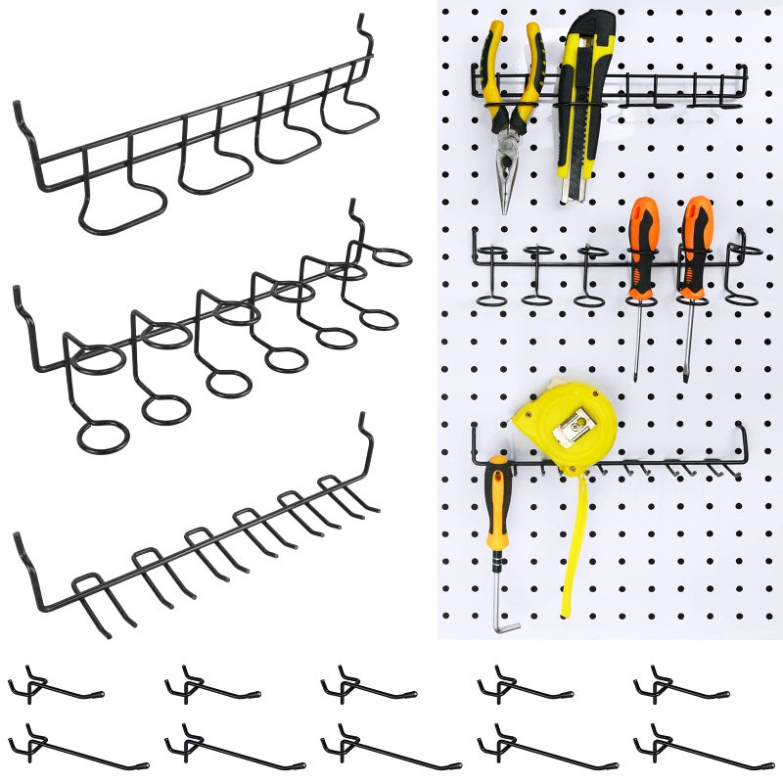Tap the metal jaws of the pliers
click(x=506, y=176)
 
